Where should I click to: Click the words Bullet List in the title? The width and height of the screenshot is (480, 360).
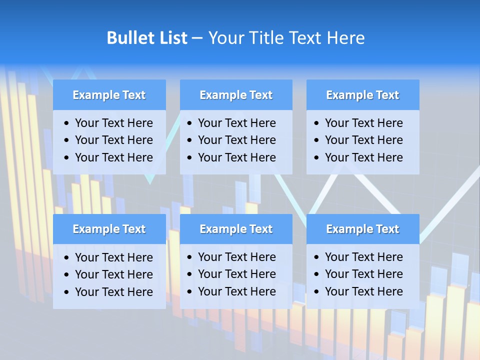[147, 38]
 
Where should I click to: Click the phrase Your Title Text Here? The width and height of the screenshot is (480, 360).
[286, 38]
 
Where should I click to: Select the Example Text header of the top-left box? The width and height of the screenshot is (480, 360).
[109, 95]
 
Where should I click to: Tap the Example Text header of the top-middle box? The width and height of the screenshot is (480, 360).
[236, 95]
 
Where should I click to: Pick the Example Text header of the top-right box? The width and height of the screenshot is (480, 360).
[362, 95]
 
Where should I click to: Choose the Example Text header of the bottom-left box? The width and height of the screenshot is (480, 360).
[109, 229]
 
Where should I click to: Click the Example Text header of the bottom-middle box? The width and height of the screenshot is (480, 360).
[236, 229]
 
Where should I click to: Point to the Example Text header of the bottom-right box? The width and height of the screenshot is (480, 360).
[362, 229]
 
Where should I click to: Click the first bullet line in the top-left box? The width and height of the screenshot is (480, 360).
[113, 123]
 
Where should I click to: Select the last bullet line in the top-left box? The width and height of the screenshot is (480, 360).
[113, 157]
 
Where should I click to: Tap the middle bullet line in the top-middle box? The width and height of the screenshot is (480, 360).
[236, 140]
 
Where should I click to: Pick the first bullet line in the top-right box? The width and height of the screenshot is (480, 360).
[363, 123]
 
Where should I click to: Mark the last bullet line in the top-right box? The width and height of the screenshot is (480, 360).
[363, 157]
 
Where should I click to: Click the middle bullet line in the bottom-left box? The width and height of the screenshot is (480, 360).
[113, 274]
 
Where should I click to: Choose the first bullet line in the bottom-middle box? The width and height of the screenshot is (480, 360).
[236, 257]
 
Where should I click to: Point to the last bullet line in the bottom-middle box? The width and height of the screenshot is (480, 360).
[236, 291]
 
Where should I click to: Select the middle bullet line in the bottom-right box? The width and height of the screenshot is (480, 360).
[363, 274]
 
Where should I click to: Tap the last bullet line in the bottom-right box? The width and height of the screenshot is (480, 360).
[363, 291]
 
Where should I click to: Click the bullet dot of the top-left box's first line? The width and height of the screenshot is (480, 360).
[67, 123]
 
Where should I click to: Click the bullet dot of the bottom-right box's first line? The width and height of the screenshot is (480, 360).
[316, 257]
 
